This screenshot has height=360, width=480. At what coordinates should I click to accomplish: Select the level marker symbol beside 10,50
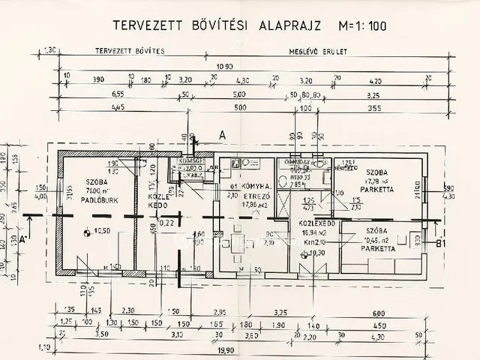pos(88,232)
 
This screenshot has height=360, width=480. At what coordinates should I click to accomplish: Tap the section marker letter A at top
pos(222,134)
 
